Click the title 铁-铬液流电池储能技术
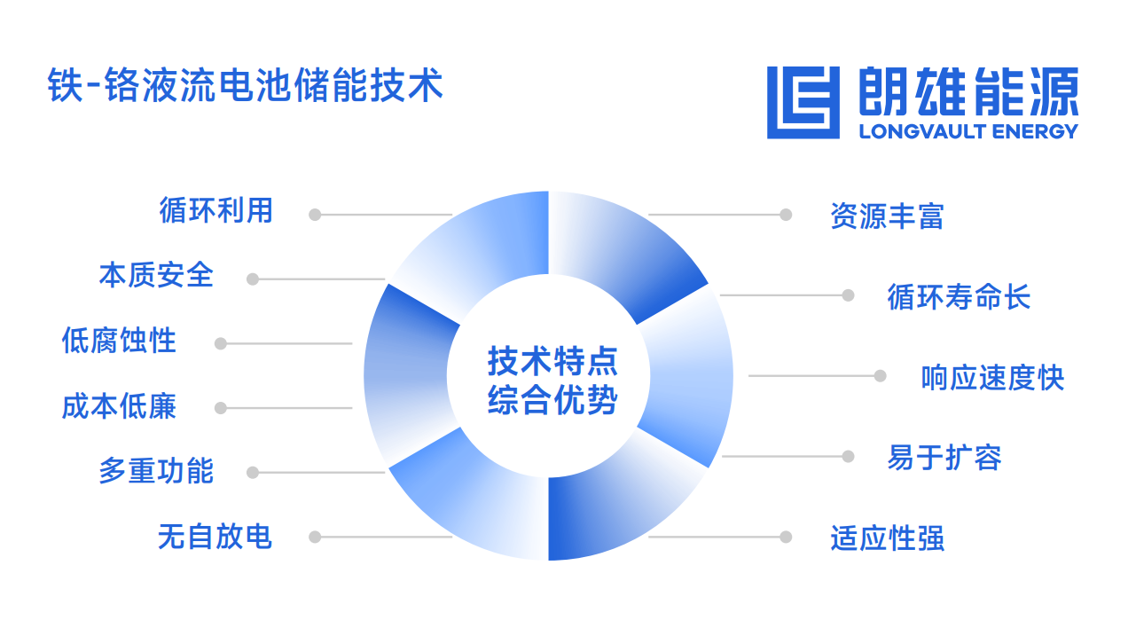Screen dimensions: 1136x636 (246, 85)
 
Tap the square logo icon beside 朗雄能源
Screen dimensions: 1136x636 (803, 102)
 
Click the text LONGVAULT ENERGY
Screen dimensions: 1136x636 (968, 132)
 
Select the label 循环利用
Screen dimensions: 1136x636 (216, 210)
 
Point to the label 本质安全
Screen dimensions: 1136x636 (156, 275)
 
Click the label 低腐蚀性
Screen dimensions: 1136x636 (119, 340)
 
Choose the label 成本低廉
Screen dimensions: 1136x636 (119, 406)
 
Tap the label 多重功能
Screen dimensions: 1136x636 (156, 471)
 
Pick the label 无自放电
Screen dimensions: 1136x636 (215, 537)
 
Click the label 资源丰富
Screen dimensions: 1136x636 (888, 216)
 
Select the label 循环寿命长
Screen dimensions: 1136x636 (959, 296)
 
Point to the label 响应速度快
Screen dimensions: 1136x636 (993, 378)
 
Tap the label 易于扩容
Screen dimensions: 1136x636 (944, 458)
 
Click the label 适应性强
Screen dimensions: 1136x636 (888, 538)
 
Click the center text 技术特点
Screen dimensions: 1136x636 (552, 362)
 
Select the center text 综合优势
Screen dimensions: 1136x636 (552, 400)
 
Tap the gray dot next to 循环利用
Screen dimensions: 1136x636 (315, 215)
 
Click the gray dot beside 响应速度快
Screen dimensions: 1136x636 (881, 376)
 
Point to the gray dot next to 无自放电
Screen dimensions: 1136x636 (315, 537)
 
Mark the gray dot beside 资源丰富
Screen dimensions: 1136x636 (786, 215)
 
